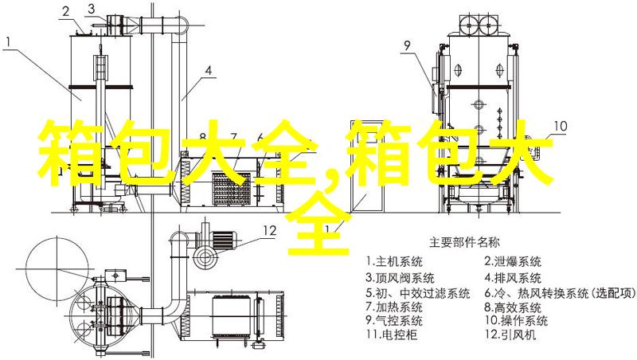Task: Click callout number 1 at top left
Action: pos(9,42)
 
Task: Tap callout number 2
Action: pos(66,12)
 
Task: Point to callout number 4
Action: pos(208,71)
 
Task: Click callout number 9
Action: pos(408,45)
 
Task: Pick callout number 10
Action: pos(560,126)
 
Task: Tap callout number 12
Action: pos(270,231)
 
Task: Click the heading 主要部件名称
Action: pos(464,243)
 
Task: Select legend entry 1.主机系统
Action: pos(393,262)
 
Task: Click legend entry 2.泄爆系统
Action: pos(513,262)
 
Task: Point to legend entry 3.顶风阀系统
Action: pos(400,278)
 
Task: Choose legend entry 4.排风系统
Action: pos(513,278)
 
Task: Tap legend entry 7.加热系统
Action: pos(393,306)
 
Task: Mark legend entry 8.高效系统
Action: pos(513,306)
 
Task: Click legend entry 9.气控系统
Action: pos(393,320)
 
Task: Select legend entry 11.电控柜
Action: pos(391,335)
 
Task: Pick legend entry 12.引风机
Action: pos(510,335)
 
